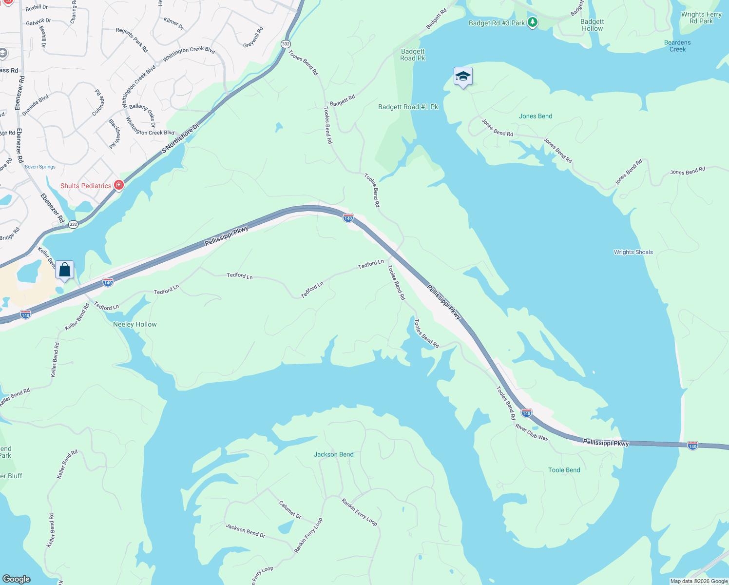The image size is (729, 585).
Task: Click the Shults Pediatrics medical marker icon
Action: pyautogui.click(x=118, y=185)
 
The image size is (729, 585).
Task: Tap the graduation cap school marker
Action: pyautogui.click(x=462, y=77)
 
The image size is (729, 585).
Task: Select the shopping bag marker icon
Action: pyautogui.click(x=64, y=270)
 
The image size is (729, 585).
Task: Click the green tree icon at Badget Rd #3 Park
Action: pyautogui.click(x=533, y=22)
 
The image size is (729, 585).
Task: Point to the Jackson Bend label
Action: pyautogui.click(x=333, y=454)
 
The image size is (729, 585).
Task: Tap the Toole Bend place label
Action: pyautogui.click(x=564, y=470)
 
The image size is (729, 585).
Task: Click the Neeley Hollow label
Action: pyautogui.click(x=134, y=324)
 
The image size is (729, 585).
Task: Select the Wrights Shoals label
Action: pyautogui.click(x=633, y=252)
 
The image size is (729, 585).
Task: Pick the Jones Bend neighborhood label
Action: pyautogui.click(x=535, y=116)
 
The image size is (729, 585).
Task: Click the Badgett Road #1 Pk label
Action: pyautogui.click(x=408, y=107)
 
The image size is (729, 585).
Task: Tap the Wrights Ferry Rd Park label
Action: pyautogui.click(x=701, y=18)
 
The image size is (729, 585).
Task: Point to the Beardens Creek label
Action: pyautogui.click(x=677, y=46)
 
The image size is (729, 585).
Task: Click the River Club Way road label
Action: pyautogui.click(x=532, y=432)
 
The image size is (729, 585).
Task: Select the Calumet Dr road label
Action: pyautogui.click(x=290, y=509)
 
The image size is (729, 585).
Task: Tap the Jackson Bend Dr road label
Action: pyautogui.click(x=245, y=530)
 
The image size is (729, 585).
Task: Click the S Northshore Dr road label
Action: pyautogui.click(x=180, y=138)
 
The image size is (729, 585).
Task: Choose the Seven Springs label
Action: pyautogui.click(x=40, y=167)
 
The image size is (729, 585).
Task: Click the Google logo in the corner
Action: pyautogui.click(x=16, y=579)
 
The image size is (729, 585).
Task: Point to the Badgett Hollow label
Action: pyautogui.click(x=592, y=25)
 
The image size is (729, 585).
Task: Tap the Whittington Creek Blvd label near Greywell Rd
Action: pyautogui.click(x=189, y=54)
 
